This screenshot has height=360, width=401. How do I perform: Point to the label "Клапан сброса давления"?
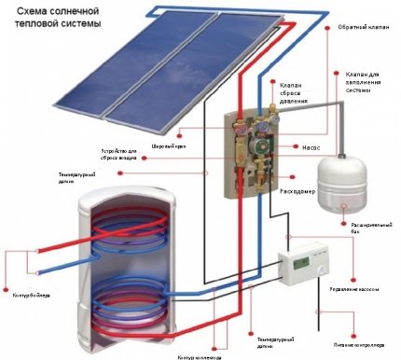tap(296, 93)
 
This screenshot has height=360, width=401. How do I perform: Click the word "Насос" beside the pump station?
tap(311, 146)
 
